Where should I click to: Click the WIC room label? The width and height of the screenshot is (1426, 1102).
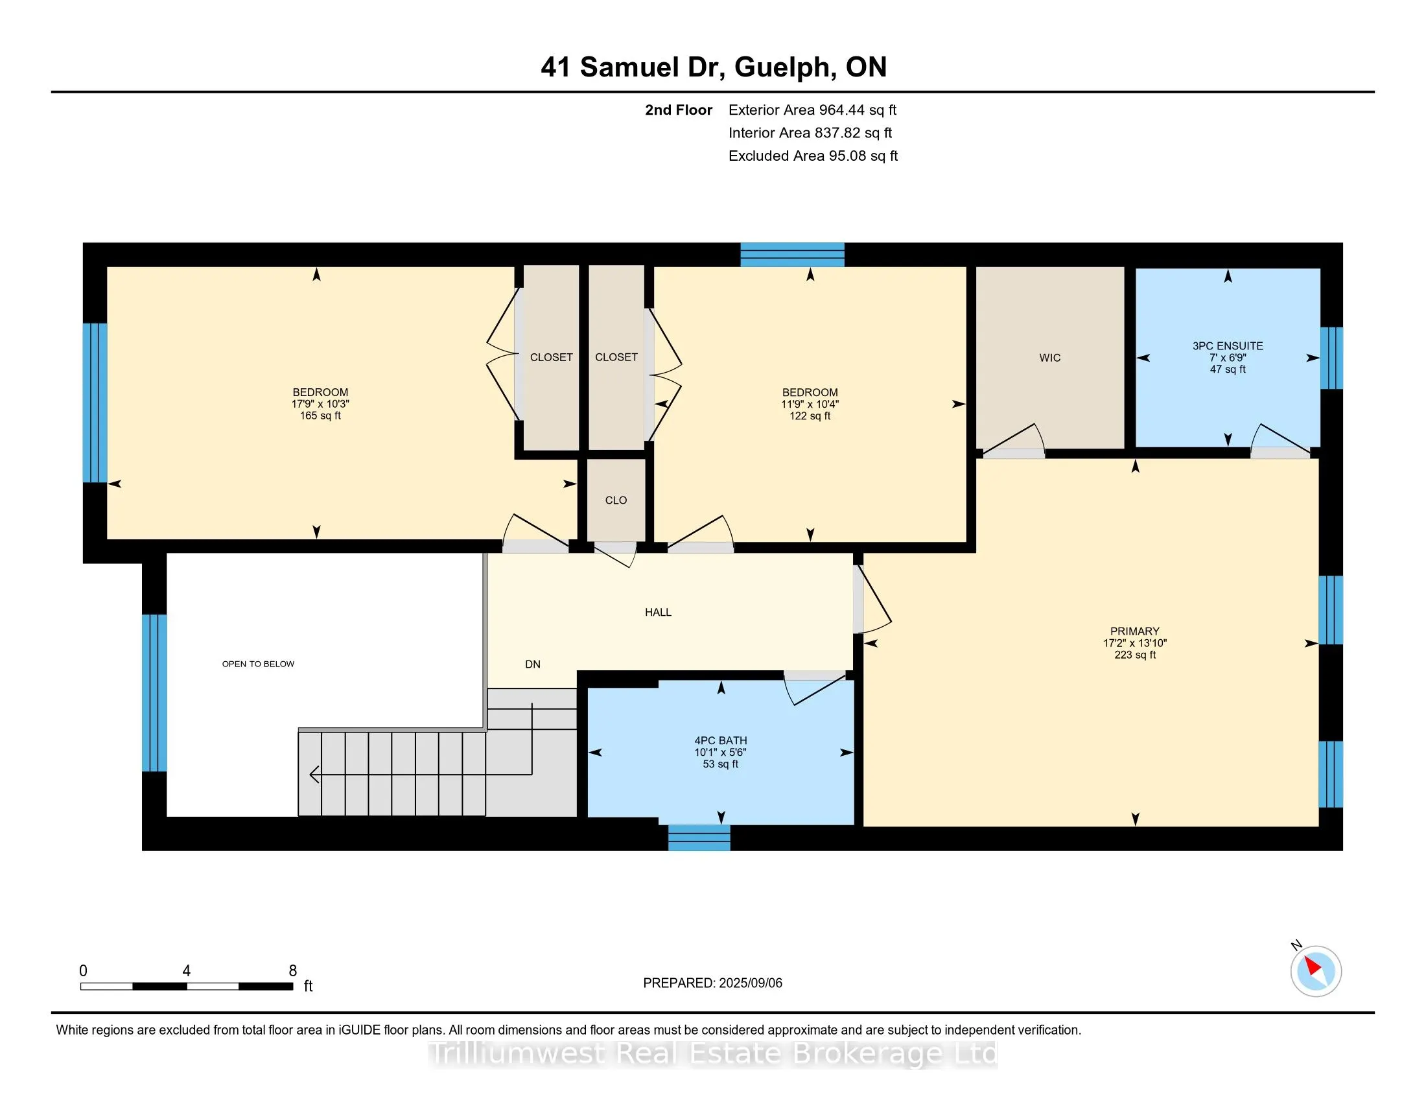(x=1050, y=358)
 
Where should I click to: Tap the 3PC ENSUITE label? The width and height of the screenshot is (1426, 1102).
(x=1228, y=346)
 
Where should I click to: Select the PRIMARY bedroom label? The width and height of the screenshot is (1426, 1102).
(x=1135, y=631)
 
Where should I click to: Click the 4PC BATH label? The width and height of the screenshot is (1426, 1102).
(x=721, y=740)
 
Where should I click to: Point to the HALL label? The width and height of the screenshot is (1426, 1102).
(x=658, y=613)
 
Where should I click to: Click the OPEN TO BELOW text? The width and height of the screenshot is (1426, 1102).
(x=258, y=664)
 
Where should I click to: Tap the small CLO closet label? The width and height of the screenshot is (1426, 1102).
(x=616, y=500)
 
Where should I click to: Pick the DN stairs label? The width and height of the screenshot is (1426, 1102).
(x=533, y=664)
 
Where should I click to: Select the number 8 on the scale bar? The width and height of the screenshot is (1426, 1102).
(x=293, y=971)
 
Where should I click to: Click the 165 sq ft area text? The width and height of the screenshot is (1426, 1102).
(x=320, y=416)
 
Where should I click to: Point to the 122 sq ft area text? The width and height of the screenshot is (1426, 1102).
(x=810, y=416)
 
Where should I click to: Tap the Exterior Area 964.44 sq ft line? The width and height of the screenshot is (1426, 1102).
(x=813, y=110)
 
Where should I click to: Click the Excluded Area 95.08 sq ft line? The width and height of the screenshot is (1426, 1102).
(x=813, y=156)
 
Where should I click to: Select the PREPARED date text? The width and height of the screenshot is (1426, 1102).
(x=712, y=983)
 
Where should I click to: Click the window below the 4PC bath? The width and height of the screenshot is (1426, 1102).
(x=699, y=838)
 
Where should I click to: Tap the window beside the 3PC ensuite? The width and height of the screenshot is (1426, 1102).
(x=1331, y=358)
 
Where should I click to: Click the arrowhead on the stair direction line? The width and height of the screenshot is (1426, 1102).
(x=314, y=774)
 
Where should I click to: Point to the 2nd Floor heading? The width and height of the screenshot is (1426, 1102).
(x=679, y=110)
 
